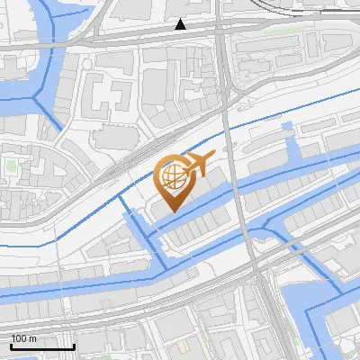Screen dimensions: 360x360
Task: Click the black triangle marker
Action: [181, 24]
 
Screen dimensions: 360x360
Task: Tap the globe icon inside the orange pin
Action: [174, 176]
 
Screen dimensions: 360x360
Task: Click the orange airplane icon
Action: [198, 165]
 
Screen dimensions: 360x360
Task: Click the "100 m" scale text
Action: [23, 338]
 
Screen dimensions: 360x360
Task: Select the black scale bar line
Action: [41, 346]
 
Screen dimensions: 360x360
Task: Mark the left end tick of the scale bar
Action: [10, 345]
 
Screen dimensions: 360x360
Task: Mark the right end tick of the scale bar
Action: [74, 345]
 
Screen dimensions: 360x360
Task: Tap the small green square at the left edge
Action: [11, 166]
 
